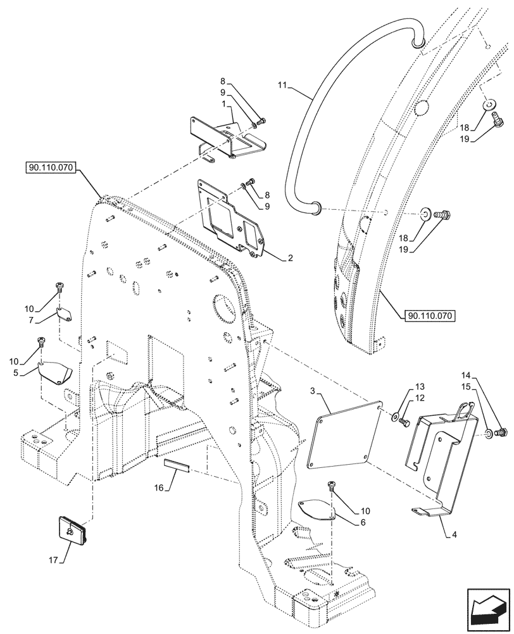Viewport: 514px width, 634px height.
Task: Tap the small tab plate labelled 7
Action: (65, 313)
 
